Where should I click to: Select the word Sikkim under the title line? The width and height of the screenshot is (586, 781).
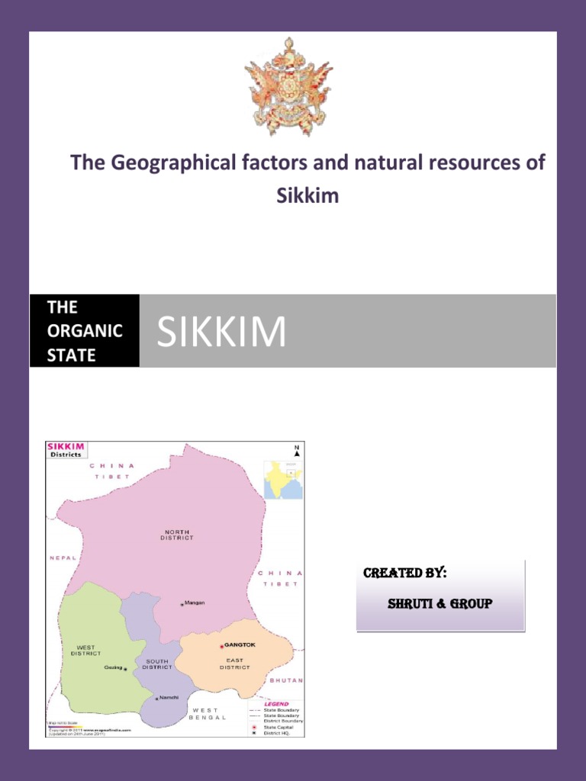307,196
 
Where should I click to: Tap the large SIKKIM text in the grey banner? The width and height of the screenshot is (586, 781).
221,332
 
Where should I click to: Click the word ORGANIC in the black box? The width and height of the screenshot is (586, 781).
85,331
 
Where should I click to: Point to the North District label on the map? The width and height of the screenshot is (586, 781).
177,535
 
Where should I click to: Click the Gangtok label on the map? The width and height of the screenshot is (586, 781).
240,644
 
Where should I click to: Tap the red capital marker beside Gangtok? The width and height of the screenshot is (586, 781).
221,646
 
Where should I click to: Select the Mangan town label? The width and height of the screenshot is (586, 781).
195,603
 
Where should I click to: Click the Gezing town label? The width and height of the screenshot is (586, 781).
113,667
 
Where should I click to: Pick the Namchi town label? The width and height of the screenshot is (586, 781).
169,697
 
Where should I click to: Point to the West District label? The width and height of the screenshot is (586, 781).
85,651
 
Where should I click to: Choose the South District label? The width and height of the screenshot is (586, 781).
157,664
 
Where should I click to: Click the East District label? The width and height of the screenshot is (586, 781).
235,664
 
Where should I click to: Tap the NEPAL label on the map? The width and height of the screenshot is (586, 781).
63,558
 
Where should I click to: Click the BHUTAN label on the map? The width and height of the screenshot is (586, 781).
286,680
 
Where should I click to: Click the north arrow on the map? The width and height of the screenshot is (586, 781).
297,451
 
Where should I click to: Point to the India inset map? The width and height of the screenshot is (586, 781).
283,479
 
